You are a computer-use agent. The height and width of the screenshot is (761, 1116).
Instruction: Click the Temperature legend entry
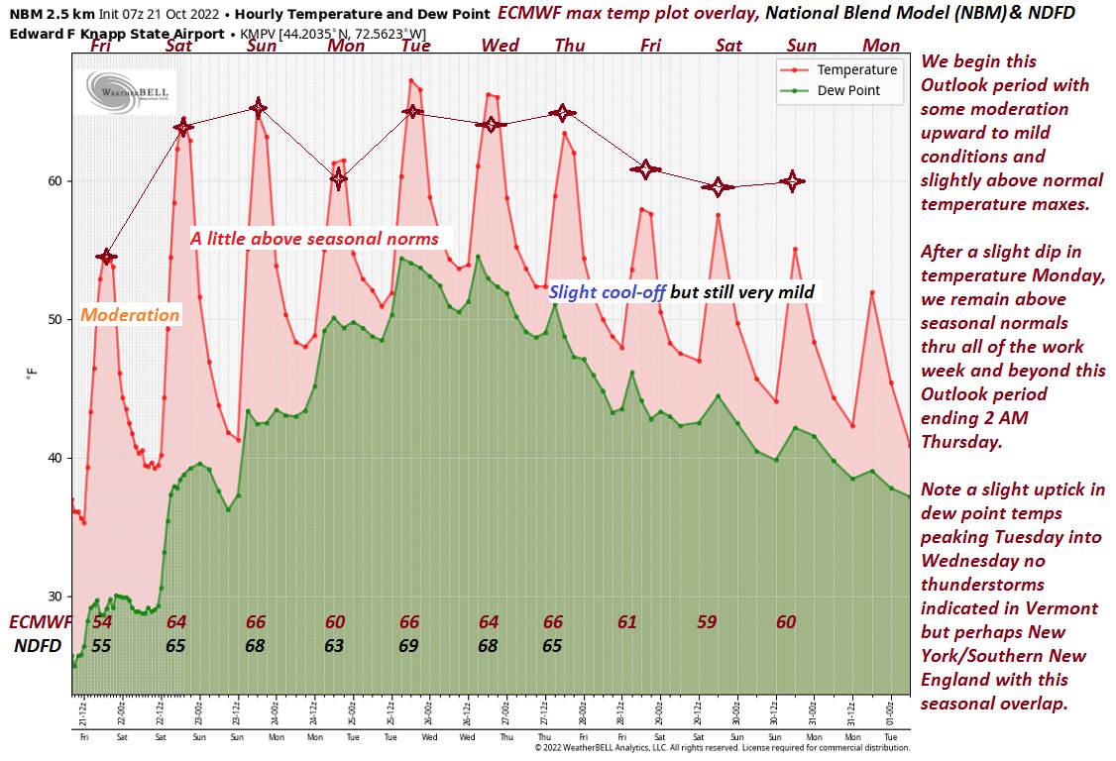(856, 70)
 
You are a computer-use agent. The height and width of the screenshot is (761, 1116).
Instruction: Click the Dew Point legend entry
(847, 90)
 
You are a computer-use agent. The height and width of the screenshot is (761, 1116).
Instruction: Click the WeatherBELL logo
(128, 91)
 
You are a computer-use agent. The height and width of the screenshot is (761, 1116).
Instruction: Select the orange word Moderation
(130, 315)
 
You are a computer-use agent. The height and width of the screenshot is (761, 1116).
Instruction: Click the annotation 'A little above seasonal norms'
(315, 239)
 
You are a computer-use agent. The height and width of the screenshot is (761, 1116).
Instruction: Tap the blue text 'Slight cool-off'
(607, 292)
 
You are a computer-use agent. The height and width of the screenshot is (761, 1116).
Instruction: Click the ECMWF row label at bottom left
(41, 622)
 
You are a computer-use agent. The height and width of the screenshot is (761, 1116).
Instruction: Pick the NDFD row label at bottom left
(38, 646)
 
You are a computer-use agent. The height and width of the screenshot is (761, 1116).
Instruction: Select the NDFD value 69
(409, 646)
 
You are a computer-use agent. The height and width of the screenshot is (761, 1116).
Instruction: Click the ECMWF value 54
(102, 622)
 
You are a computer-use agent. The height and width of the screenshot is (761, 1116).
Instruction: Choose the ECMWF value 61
(627, 622)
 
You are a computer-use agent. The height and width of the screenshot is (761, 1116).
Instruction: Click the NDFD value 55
(101, 646)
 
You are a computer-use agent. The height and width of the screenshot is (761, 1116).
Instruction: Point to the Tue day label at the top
(416, 46)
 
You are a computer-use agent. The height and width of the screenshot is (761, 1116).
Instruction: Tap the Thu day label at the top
(570, 46)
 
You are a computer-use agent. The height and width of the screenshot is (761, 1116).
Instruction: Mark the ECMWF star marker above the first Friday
(107, 257)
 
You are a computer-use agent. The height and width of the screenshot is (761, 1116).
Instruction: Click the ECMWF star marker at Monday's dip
(338, 178)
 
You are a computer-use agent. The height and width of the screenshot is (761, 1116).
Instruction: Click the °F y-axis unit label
(32, 374)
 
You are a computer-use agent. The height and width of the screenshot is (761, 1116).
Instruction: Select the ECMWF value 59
(706, 622)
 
